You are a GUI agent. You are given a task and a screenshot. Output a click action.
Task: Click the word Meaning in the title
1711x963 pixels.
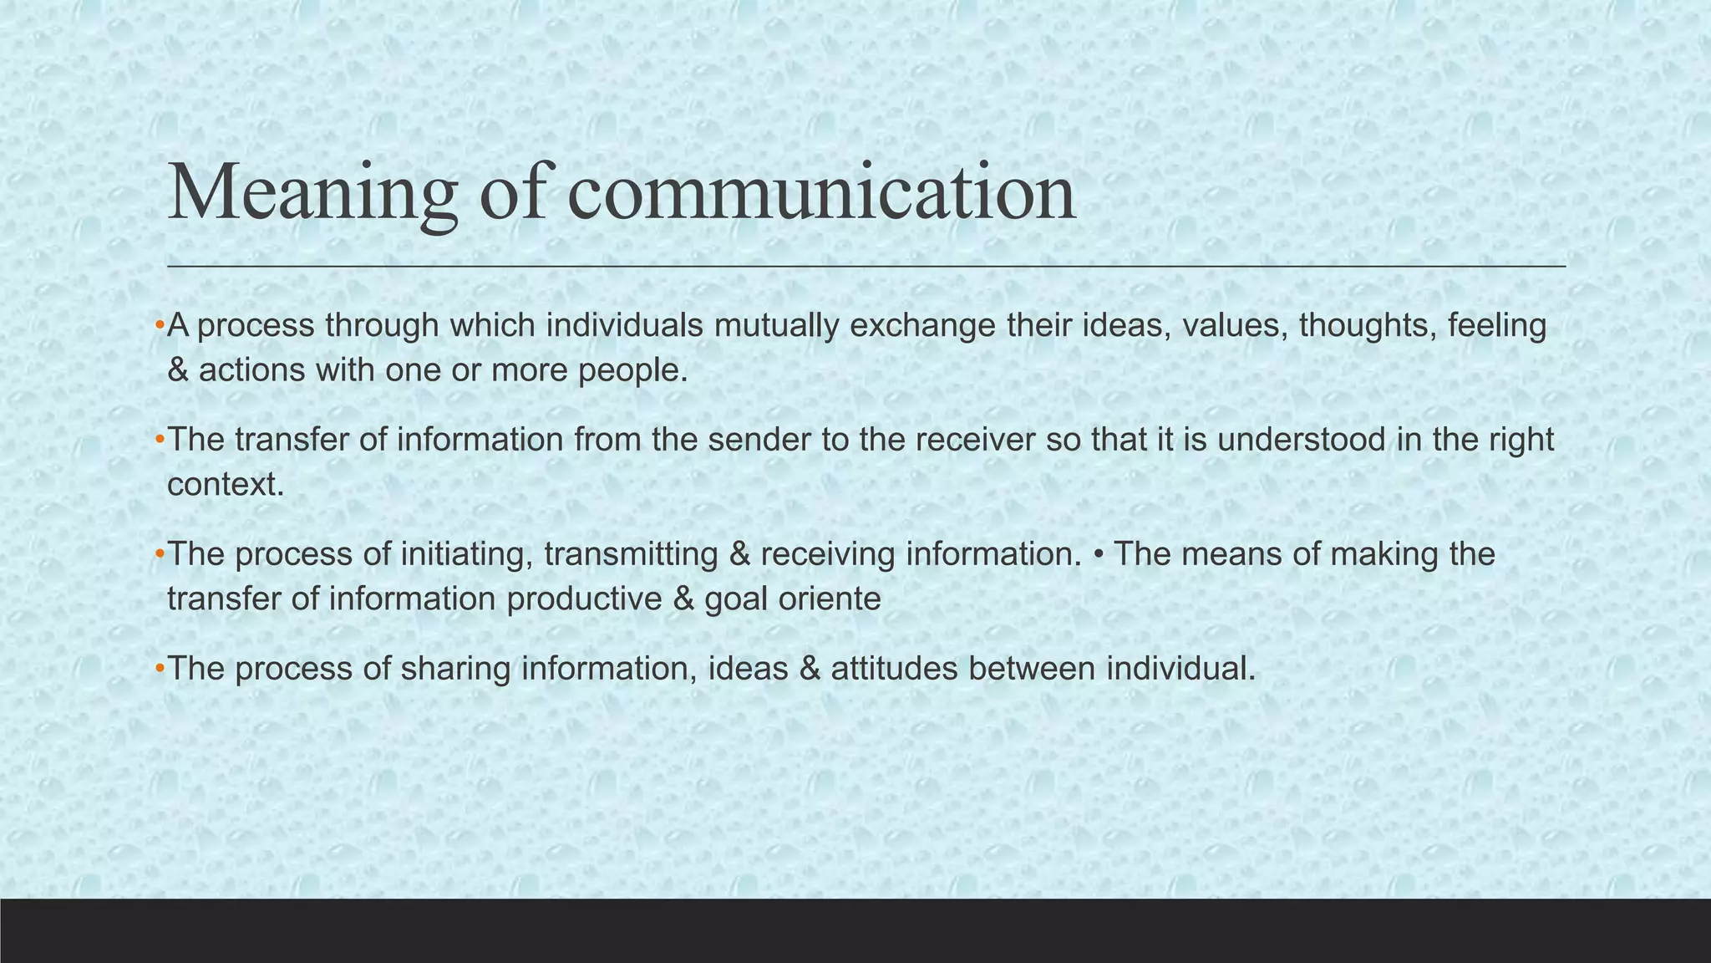pos(313,194)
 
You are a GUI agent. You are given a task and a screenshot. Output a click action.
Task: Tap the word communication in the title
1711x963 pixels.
pos(821,194)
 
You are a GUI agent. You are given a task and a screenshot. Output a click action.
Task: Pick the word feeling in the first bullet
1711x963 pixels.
pos(1497,326)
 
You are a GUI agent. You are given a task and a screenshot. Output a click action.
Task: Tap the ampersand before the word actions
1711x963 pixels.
pos(178,370)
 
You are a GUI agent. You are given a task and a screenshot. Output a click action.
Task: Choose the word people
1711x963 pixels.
pos(632,370)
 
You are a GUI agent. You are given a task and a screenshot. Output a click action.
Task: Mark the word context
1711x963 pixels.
pos(226,485)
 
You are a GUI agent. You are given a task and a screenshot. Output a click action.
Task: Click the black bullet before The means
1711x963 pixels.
pos(1098,554)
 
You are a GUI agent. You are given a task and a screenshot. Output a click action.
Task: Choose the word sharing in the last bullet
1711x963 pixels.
pos(456,669)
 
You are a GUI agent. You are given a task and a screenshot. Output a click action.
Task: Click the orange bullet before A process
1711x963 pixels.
pos(159,326)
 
